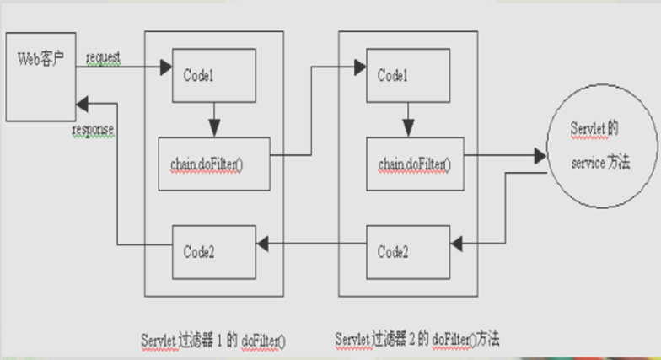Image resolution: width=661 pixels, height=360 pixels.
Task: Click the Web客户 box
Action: pyautogui.click(x=40, y=76)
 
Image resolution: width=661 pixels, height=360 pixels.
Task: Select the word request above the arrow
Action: pyautogui.click(x=103, y=57)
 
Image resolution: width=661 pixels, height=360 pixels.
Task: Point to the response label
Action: pyautogui.click(x=93, y=130)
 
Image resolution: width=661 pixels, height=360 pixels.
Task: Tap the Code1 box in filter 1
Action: pyautogui.click(x=213, y=74)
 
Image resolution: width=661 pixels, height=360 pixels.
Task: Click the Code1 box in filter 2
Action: pyautogui.click(x=408, y=75)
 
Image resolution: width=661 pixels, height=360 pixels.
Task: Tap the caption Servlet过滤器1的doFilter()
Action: pyautogui.click(x=213, y=339)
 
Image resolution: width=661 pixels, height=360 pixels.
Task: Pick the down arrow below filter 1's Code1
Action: pyautogui.click(x=214, y=126)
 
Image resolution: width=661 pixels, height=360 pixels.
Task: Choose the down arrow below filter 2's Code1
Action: pyautogui.click(x=409, y=126)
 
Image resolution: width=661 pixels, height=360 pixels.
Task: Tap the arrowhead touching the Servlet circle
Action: pyautogui.click(x=539, y=156)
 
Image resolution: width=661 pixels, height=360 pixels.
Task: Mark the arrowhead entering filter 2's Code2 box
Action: pyautogui.click(x=458, y=244)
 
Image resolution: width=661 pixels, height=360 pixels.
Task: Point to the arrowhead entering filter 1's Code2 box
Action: pyautogui.click(x=263, y=245)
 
